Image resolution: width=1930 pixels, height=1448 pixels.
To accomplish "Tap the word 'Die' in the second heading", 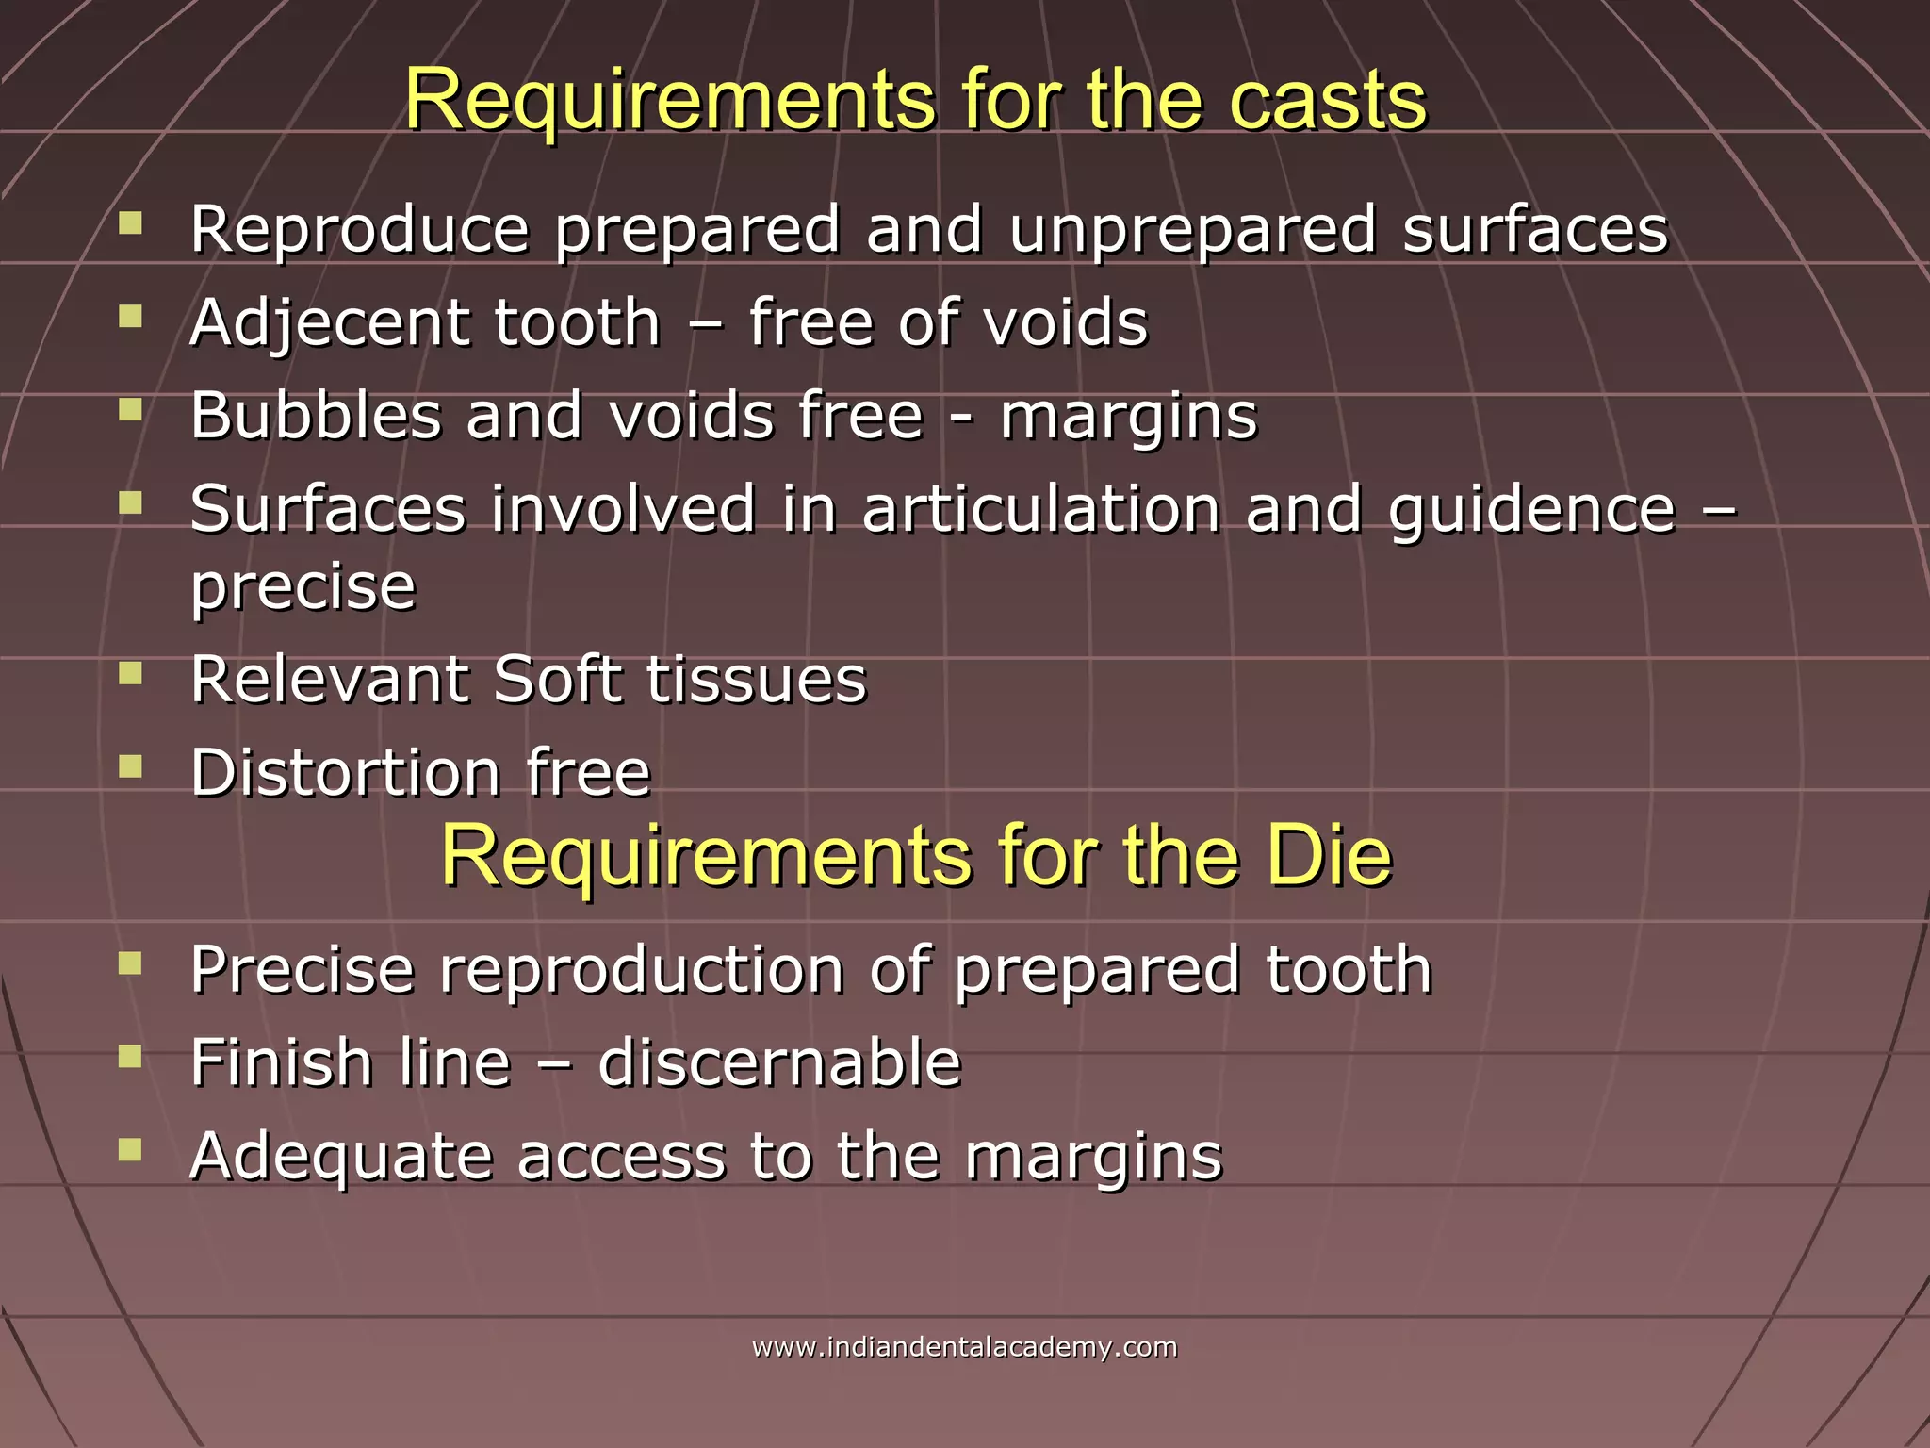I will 1328,856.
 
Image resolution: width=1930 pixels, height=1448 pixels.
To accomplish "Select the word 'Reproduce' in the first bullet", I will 360,229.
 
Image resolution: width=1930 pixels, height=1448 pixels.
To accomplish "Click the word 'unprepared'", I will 1193,231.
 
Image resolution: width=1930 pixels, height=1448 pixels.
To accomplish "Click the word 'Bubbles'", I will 316,416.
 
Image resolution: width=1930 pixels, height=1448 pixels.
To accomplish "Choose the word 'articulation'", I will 1040,509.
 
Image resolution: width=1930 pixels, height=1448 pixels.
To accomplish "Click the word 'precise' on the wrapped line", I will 303,587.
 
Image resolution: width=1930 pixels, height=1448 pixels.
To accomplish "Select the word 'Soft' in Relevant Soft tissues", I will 557,679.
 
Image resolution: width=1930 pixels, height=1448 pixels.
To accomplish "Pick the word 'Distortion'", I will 345,773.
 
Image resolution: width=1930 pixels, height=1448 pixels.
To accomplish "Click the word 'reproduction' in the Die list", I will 642,970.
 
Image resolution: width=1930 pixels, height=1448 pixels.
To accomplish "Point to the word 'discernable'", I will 779,1062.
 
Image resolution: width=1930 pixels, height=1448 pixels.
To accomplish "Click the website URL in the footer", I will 964,1347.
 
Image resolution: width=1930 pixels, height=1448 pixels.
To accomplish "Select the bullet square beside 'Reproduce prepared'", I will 130,223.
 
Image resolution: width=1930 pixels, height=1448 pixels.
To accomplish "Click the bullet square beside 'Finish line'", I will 130,1057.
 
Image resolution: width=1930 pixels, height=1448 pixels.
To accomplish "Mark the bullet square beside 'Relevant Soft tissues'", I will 130,673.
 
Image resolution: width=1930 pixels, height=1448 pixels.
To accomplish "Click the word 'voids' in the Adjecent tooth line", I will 1065,323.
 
